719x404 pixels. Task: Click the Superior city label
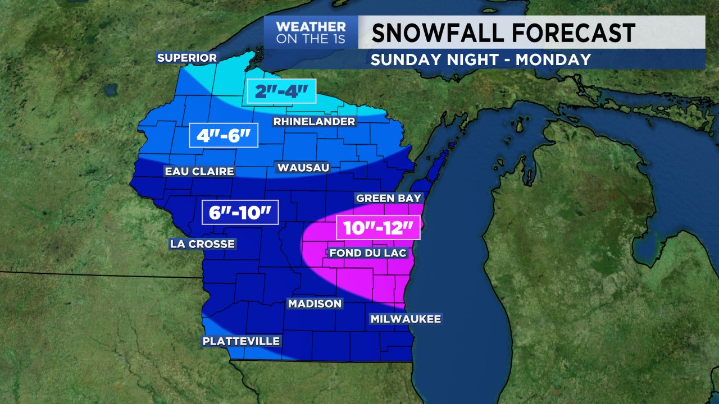click(187, 58)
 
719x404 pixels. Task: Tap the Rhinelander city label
click(314, 122)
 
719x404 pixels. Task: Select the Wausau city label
click(302, 167)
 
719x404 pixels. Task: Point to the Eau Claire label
click(199, 172)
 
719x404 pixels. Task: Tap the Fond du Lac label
click(367, 253)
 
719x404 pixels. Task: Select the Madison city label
click(315, 304)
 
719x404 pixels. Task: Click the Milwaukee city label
click(406, 319)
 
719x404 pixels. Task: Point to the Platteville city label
click(241, 341)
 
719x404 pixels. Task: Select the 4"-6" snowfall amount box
click(223, 135)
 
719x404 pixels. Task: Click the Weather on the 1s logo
click(311, 33)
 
